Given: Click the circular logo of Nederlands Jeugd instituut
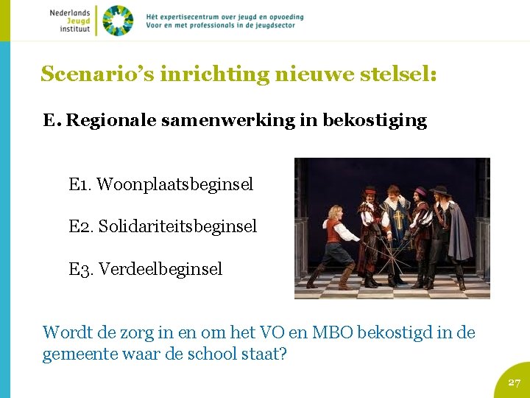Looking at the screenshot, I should tap(118, 20).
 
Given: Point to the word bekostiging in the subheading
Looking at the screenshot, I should tap(375, 121).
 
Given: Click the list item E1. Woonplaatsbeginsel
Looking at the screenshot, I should tap(160, 184).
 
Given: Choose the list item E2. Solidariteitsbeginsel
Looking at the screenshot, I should tap(163, 226).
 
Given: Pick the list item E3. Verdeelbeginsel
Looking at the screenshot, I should tap(145, 269).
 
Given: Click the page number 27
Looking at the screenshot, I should tap(515, 383).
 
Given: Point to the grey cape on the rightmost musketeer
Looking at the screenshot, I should tap(459, 232).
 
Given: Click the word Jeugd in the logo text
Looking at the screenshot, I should tap(77, 21).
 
